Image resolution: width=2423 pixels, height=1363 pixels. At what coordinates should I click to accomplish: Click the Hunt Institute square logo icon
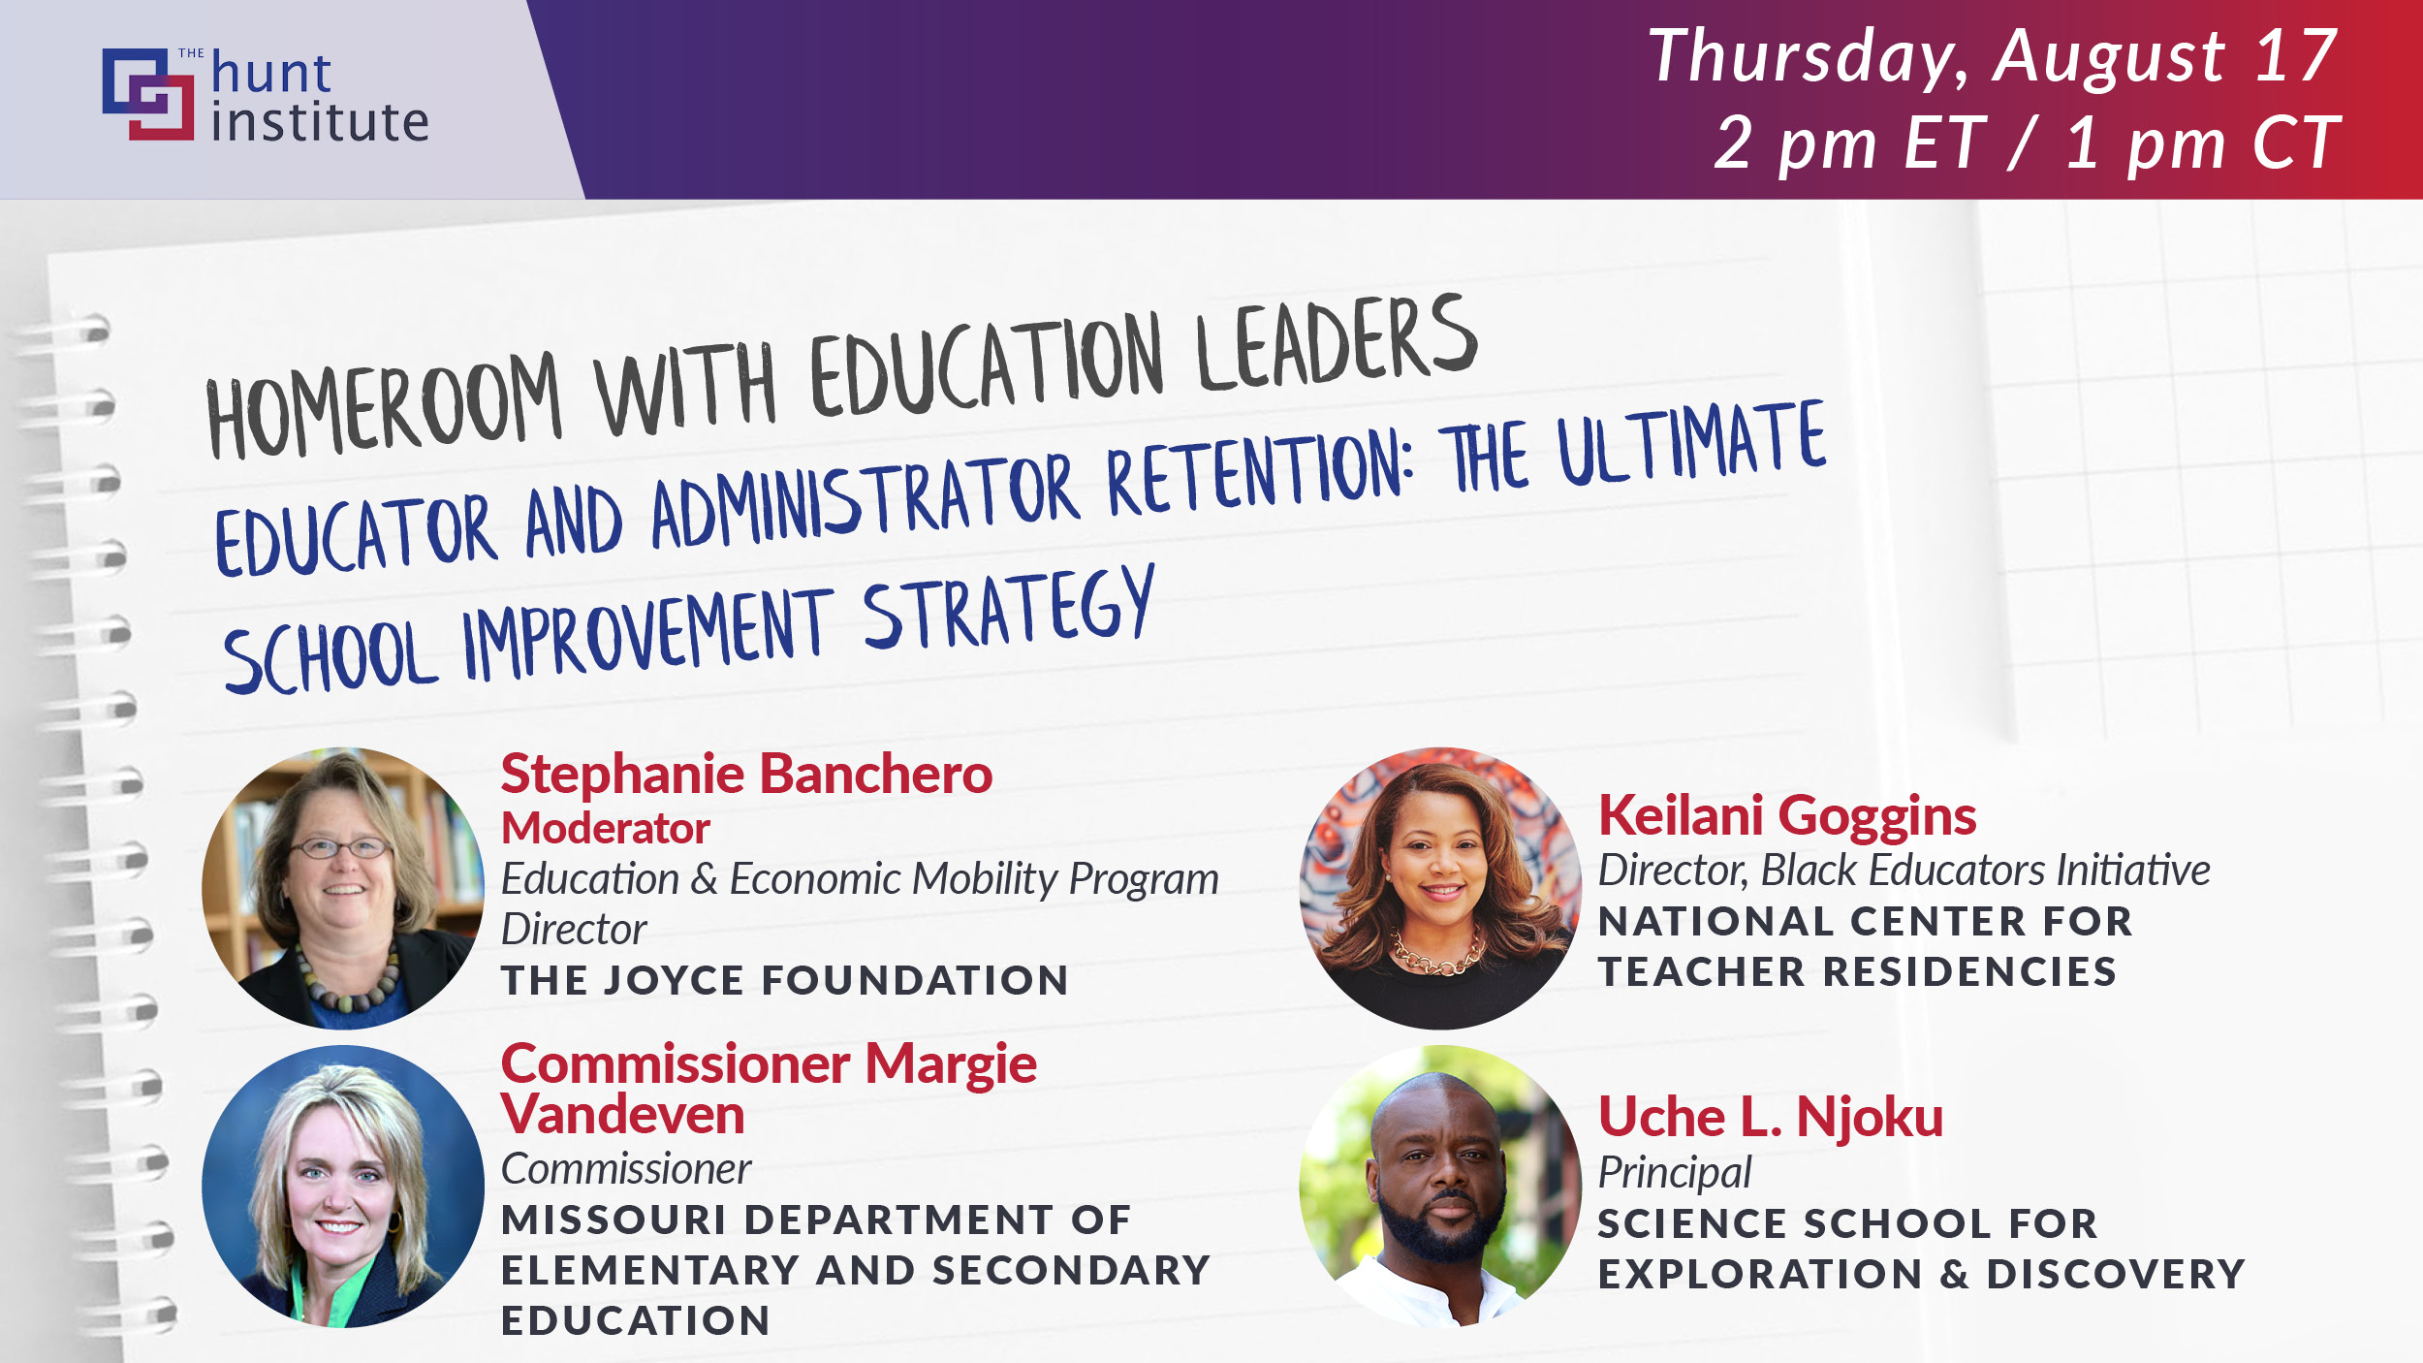click(148, 94)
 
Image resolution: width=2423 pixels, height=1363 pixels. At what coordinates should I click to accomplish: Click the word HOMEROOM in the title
click(384, 406)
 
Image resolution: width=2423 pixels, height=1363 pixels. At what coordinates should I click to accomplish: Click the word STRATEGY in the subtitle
click(1009, 611)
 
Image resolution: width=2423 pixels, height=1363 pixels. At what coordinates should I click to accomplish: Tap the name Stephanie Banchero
click(746, 775)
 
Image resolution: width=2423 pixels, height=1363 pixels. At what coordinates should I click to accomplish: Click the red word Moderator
click(606, 828)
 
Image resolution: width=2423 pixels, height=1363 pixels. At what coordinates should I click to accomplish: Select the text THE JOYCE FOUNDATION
click(785, 980)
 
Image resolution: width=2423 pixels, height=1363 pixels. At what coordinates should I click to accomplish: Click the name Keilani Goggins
click(1787, 815)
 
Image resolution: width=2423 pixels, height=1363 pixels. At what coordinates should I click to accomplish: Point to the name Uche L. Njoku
click(1771, 1116)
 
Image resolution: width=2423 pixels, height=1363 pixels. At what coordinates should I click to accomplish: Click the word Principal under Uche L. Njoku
click(1675, 1173)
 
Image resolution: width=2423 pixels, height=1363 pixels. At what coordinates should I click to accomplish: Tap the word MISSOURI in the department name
click(614, 1220)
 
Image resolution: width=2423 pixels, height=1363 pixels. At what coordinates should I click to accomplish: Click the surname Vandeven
click(622, 1114)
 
